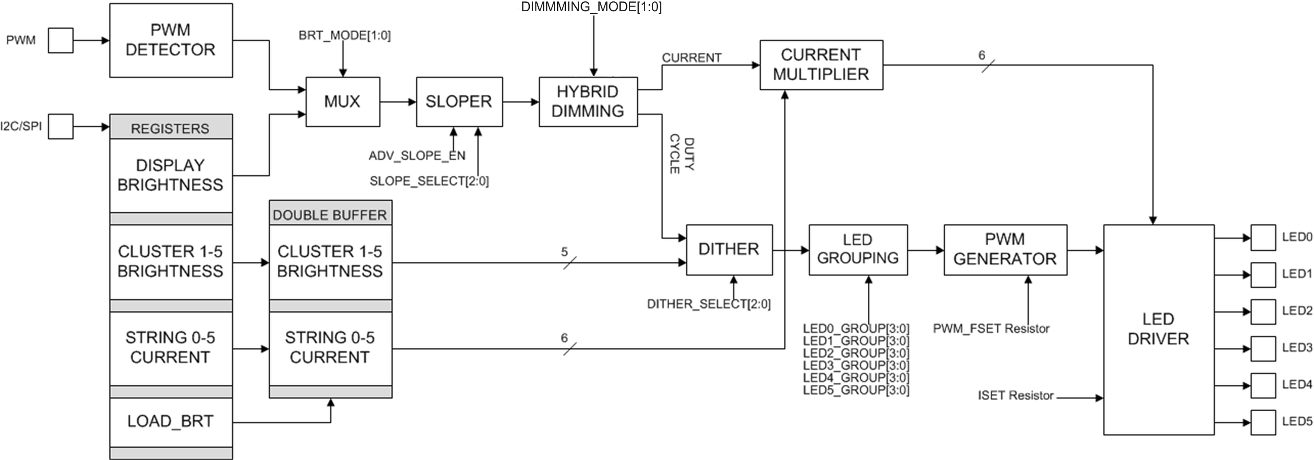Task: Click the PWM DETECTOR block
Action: click(171, 40)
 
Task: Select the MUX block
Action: click(342, 101)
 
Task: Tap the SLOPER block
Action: click(459, 101)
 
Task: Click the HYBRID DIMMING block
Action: click(588, 101)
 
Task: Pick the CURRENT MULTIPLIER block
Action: click(821, 65)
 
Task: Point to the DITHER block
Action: click(729, 249)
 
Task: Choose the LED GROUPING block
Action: click(857, 249)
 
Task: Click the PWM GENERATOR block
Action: click(1005, 249)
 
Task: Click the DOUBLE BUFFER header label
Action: click(330, 215)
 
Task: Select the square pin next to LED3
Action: click(1263, 348)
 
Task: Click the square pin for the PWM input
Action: click(61, 40)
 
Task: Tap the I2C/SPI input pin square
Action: click(61, 126)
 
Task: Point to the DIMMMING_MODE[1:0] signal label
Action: click(591, 7)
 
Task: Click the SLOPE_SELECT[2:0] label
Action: click(429, 181)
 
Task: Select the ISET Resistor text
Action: click(1015, 396)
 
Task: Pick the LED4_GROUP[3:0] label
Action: click(856, 378)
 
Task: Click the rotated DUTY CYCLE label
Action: click(681, 154)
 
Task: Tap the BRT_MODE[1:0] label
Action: click(344, 36)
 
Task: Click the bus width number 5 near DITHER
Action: click(564, 252)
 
